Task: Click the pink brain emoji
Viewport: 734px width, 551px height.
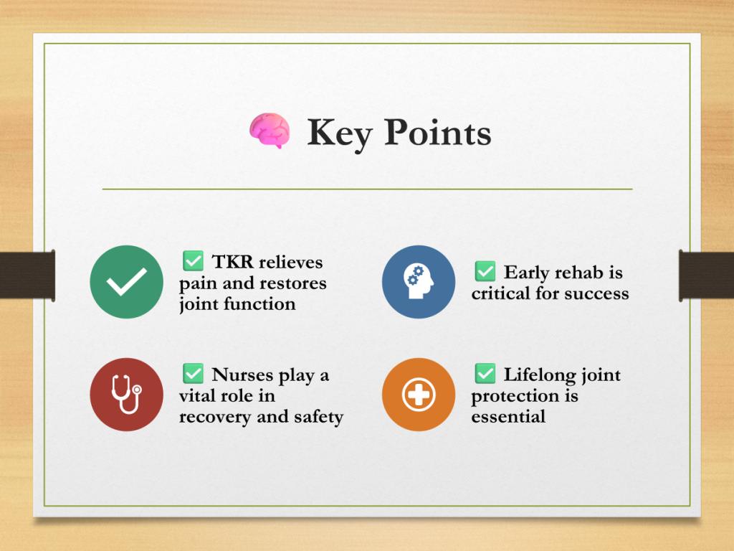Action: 270,131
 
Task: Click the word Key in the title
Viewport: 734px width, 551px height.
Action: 339,134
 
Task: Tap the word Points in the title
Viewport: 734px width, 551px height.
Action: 438,132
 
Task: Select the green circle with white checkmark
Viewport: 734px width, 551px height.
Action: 126,282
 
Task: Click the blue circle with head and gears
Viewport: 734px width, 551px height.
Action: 419,282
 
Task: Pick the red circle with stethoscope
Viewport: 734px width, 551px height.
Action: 126,395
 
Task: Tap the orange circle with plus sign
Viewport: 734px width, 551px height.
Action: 419,395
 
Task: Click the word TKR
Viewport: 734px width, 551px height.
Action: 233,262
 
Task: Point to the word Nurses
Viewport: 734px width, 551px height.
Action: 242,375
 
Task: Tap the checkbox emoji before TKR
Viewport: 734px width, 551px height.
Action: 193,261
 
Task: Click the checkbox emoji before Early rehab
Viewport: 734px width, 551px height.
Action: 485,271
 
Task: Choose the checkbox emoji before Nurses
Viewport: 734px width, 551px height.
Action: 193,373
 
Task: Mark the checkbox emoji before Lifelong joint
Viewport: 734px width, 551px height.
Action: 485,373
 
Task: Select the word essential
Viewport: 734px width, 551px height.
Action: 508,416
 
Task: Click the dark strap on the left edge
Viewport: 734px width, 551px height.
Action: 28,275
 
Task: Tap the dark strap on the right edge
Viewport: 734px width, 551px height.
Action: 706,275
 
